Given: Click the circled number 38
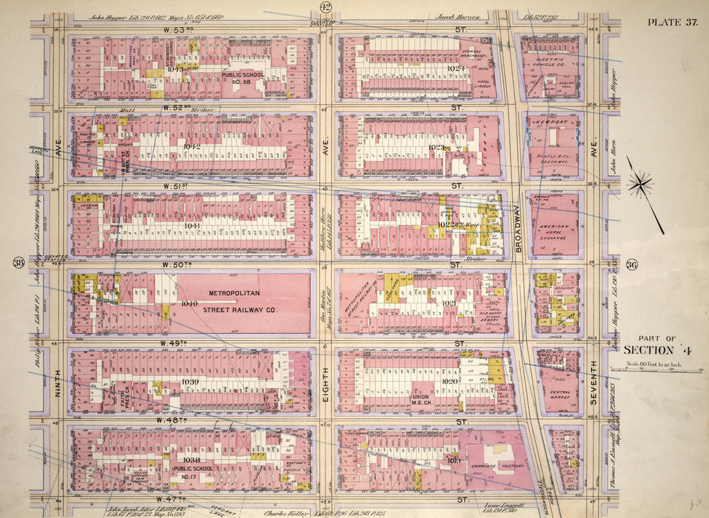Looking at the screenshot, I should click(x=19, y=262).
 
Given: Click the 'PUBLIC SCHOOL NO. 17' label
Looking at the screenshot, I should click(x=181, y=472).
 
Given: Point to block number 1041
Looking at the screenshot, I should click(x=192, y=226).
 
